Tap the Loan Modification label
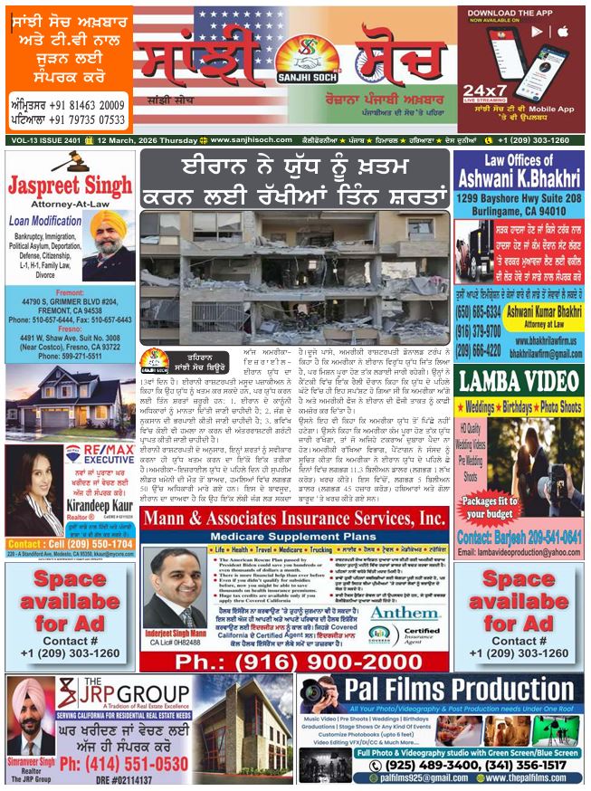click(x=46, y=219)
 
